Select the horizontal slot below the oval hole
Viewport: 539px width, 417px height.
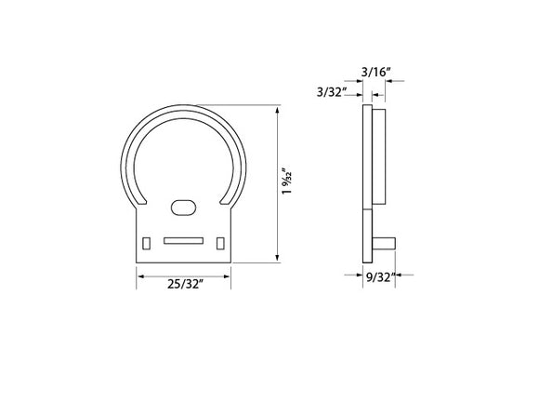pos(183,240)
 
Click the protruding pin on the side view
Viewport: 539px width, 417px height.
pos(384,242)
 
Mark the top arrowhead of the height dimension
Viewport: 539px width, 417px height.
pos(278,111)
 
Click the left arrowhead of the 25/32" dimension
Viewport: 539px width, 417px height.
pos(140,274)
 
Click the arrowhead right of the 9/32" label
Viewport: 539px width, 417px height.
pos(405,276)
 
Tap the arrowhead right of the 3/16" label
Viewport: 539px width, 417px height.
pos(387,81)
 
